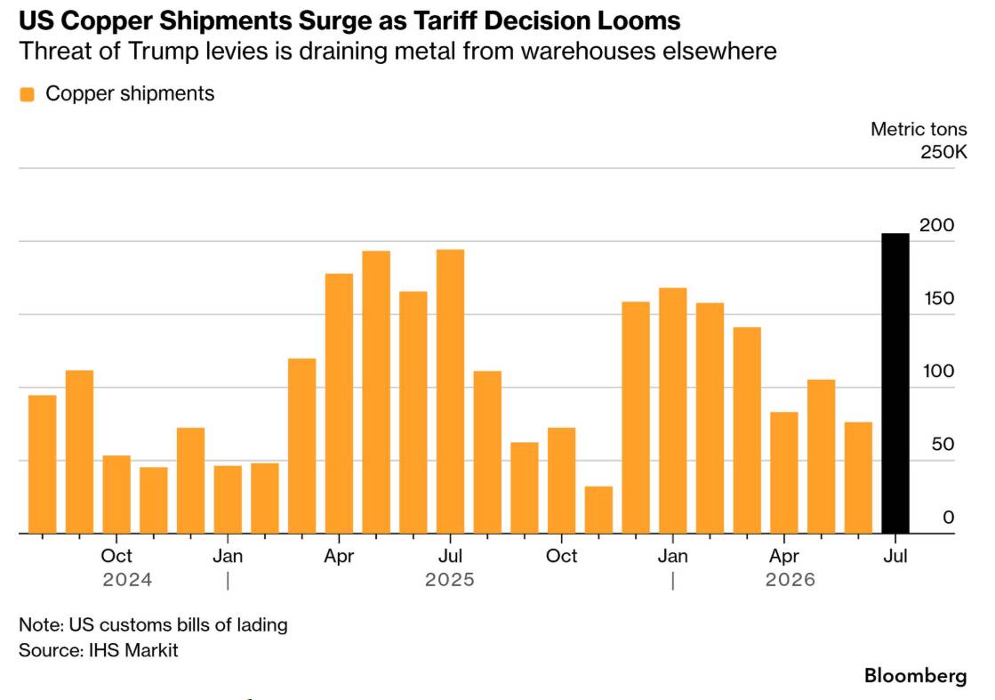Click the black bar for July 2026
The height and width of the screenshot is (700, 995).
point(895,383)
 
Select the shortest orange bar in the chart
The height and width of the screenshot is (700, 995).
point(598,510)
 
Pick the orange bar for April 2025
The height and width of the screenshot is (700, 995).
point(339,404)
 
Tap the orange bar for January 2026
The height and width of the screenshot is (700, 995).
point(672,411)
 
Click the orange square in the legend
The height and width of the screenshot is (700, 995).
point(27,94)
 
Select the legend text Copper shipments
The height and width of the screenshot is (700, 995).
point(130,93)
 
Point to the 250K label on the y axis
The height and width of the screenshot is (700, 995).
point(943,152)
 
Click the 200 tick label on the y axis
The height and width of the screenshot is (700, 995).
point(936,225)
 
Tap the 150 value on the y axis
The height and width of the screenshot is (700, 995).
point(938,298)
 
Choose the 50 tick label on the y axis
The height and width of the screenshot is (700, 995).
point(943,444)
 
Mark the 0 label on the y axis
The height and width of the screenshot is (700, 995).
point(948,518)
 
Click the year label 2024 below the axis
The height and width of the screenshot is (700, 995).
point(127,579)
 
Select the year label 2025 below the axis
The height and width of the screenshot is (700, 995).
point(450,579)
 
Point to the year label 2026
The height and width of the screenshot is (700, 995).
point(790,579)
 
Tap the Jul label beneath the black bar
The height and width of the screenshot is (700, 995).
point(895,556)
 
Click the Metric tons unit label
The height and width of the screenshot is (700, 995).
point(919,129)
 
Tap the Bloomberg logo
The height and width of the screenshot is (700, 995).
point(916,675)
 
